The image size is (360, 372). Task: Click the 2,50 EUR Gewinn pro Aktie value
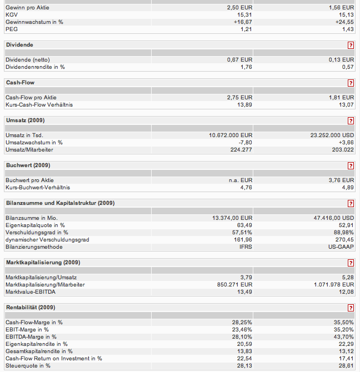239,7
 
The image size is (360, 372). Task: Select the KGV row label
12,14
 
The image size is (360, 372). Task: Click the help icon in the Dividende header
351,45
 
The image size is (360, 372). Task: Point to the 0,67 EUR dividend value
239,59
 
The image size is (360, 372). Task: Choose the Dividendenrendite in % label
35,67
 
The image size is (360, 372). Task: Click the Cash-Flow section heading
20,83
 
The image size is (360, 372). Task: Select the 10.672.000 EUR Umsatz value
231,135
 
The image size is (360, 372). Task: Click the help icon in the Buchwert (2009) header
351,165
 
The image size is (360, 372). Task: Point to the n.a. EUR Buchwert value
241,180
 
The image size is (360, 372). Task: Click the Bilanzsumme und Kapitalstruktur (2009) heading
60,203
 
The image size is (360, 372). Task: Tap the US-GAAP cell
342,247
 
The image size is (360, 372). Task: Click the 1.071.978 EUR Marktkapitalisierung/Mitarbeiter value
332,284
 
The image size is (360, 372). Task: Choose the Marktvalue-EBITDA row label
32,291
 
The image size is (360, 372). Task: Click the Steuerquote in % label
28,365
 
